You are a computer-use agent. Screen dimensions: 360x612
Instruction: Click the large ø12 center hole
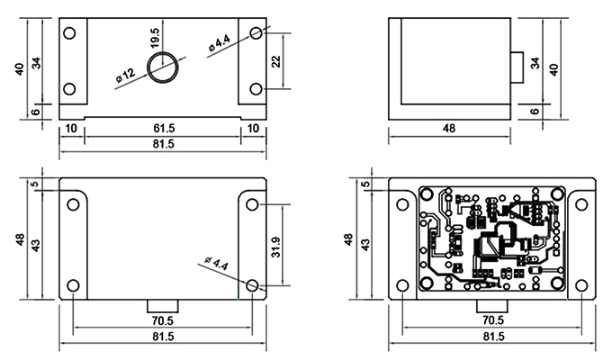click(x=164, y=67)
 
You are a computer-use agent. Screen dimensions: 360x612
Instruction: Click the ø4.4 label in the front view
click(x=219, y=43)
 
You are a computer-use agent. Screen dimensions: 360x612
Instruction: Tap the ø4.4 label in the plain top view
click(x=217, y=265)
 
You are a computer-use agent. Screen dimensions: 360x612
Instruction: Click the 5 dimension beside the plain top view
click(x=35, y=185)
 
